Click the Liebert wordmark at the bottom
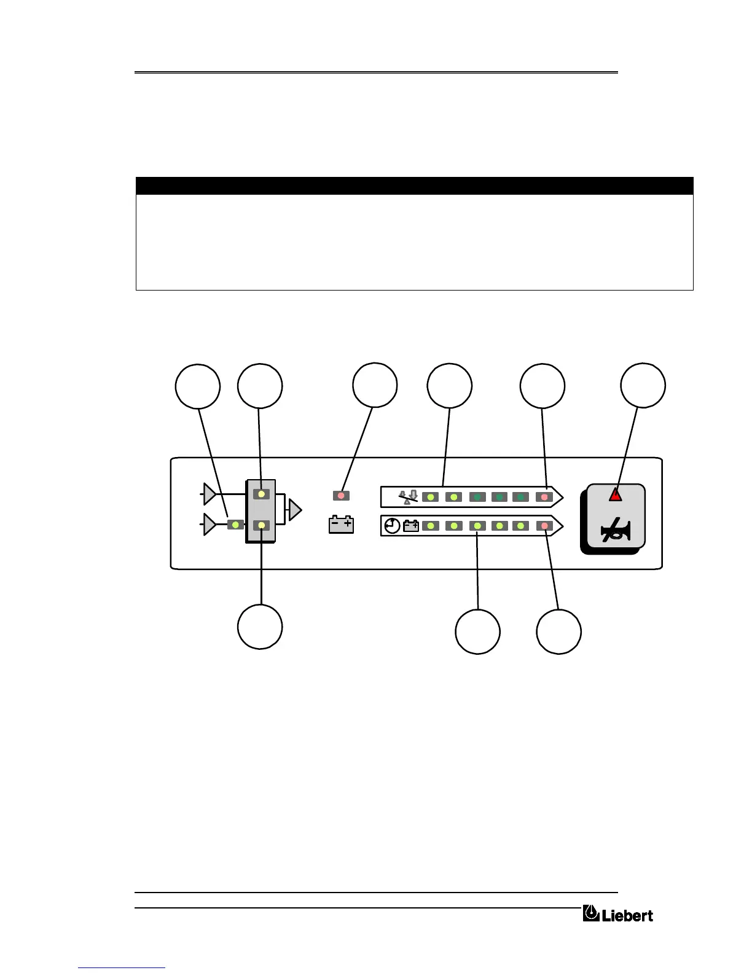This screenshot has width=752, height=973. [627, 915]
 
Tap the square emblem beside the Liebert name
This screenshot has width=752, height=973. [591, 913]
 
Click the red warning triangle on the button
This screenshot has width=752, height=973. [615, 494]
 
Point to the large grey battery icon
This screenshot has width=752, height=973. [341, 525]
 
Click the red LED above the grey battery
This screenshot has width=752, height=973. [341, 495]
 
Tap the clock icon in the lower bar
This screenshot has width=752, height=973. [392, 526]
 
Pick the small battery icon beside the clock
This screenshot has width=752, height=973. [411, 526]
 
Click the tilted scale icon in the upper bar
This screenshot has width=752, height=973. [407, 496]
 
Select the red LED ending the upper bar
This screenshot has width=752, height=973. [544, 496]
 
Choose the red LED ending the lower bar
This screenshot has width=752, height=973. [544, 526]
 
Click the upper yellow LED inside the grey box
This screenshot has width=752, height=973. [262, 494]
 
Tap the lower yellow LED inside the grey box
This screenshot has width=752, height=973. [262, 525]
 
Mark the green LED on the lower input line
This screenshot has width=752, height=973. [235, 525]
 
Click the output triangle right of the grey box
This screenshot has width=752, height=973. [295, 510]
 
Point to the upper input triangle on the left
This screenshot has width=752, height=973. [210, 493]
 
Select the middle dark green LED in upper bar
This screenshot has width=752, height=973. [499, 496]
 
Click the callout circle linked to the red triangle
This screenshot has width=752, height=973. [643, 386]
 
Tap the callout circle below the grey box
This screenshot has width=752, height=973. [260, 627]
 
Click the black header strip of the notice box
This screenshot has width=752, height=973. [414, 186]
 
